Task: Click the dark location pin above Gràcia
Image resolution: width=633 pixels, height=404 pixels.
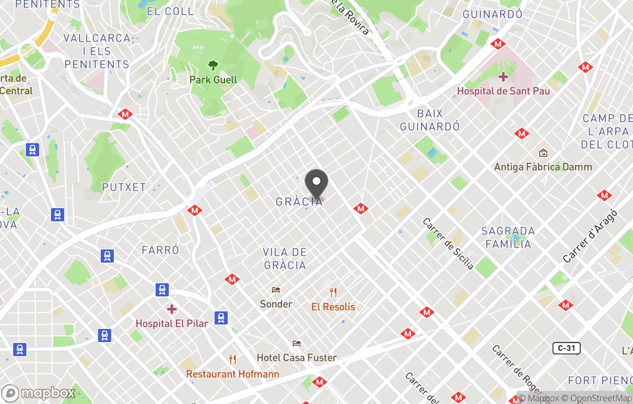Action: [x=316, y=183]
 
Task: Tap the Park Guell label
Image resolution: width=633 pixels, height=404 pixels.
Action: [x=213, y=80]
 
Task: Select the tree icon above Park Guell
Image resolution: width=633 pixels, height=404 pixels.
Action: [x=213, y=66]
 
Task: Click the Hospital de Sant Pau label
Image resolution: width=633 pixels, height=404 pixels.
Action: [x=503, y=91]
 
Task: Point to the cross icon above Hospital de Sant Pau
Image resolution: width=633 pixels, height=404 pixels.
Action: [x=503, y=77]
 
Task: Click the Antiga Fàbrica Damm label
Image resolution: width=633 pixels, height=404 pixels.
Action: [x=543, y=167]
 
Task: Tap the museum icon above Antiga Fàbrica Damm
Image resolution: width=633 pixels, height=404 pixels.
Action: [x=543, y=153]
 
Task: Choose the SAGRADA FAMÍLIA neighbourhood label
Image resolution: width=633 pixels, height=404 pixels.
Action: [x=508, y=237]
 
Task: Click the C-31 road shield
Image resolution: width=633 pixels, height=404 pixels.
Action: [x=566, y=348]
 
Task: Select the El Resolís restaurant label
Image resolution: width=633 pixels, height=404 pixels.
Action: [x=333, y=307]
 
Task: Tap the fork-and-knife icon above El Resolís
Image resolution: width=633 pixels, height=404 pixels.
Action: [x=333, y=292]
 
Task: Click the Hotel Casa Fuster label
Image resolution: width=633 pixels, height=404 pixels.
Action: [x=297, y=358]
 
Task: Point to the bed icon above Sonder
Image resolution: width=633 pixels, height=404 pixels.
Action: [x=276, y=290]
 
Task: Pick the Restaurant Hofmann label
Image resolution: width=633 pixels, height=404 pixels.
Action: [x=233, y=374]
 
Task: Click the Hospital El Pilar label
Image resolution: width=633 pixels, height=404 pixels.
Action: [x=171, y=323]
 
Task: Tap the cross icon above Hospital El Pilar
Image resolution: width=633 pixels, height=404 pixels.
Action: [x=171, y=309]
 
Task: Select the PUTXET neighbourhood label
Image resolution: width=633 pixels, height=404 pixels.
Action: [x=124, y=187]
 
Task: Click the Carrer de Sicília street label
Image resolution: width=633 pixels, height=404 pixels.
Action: [x=448, y=244]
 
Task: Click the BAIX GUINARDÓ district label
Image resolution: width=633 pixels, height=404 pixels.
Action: [x=430, y=119]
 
